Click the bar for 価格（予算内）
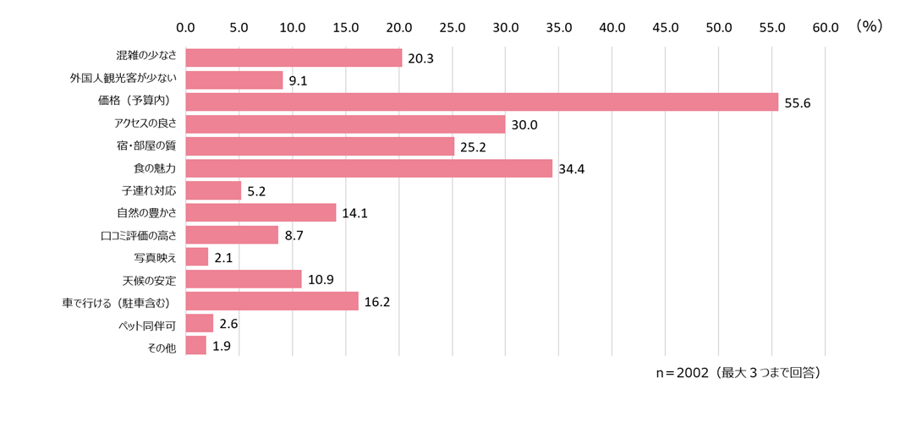(x=481, y=102)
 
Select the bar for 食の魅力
(x=369, y=168)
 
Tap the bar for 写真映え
(x=197, y=257)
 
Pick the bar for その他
(x=196, y=345)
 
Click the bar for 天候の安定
(x=244, y=279)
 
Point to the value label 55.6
(x=798, y=103)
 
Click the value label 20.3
(x=420, y=59)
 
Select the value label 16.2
(x=377, y=302)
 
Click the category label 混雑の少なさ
(x=146, y=58)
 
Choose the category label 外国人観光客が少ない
(x=123, y=79)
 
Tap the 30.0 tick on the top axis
(x=505, y=27)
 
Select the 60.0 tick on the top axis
(x=825, y=27)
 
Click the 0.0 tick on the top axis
(x=185, y=27)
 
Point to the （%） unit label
(x=869, y=26)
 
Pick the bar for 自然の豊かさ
(x=261, y=213)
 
